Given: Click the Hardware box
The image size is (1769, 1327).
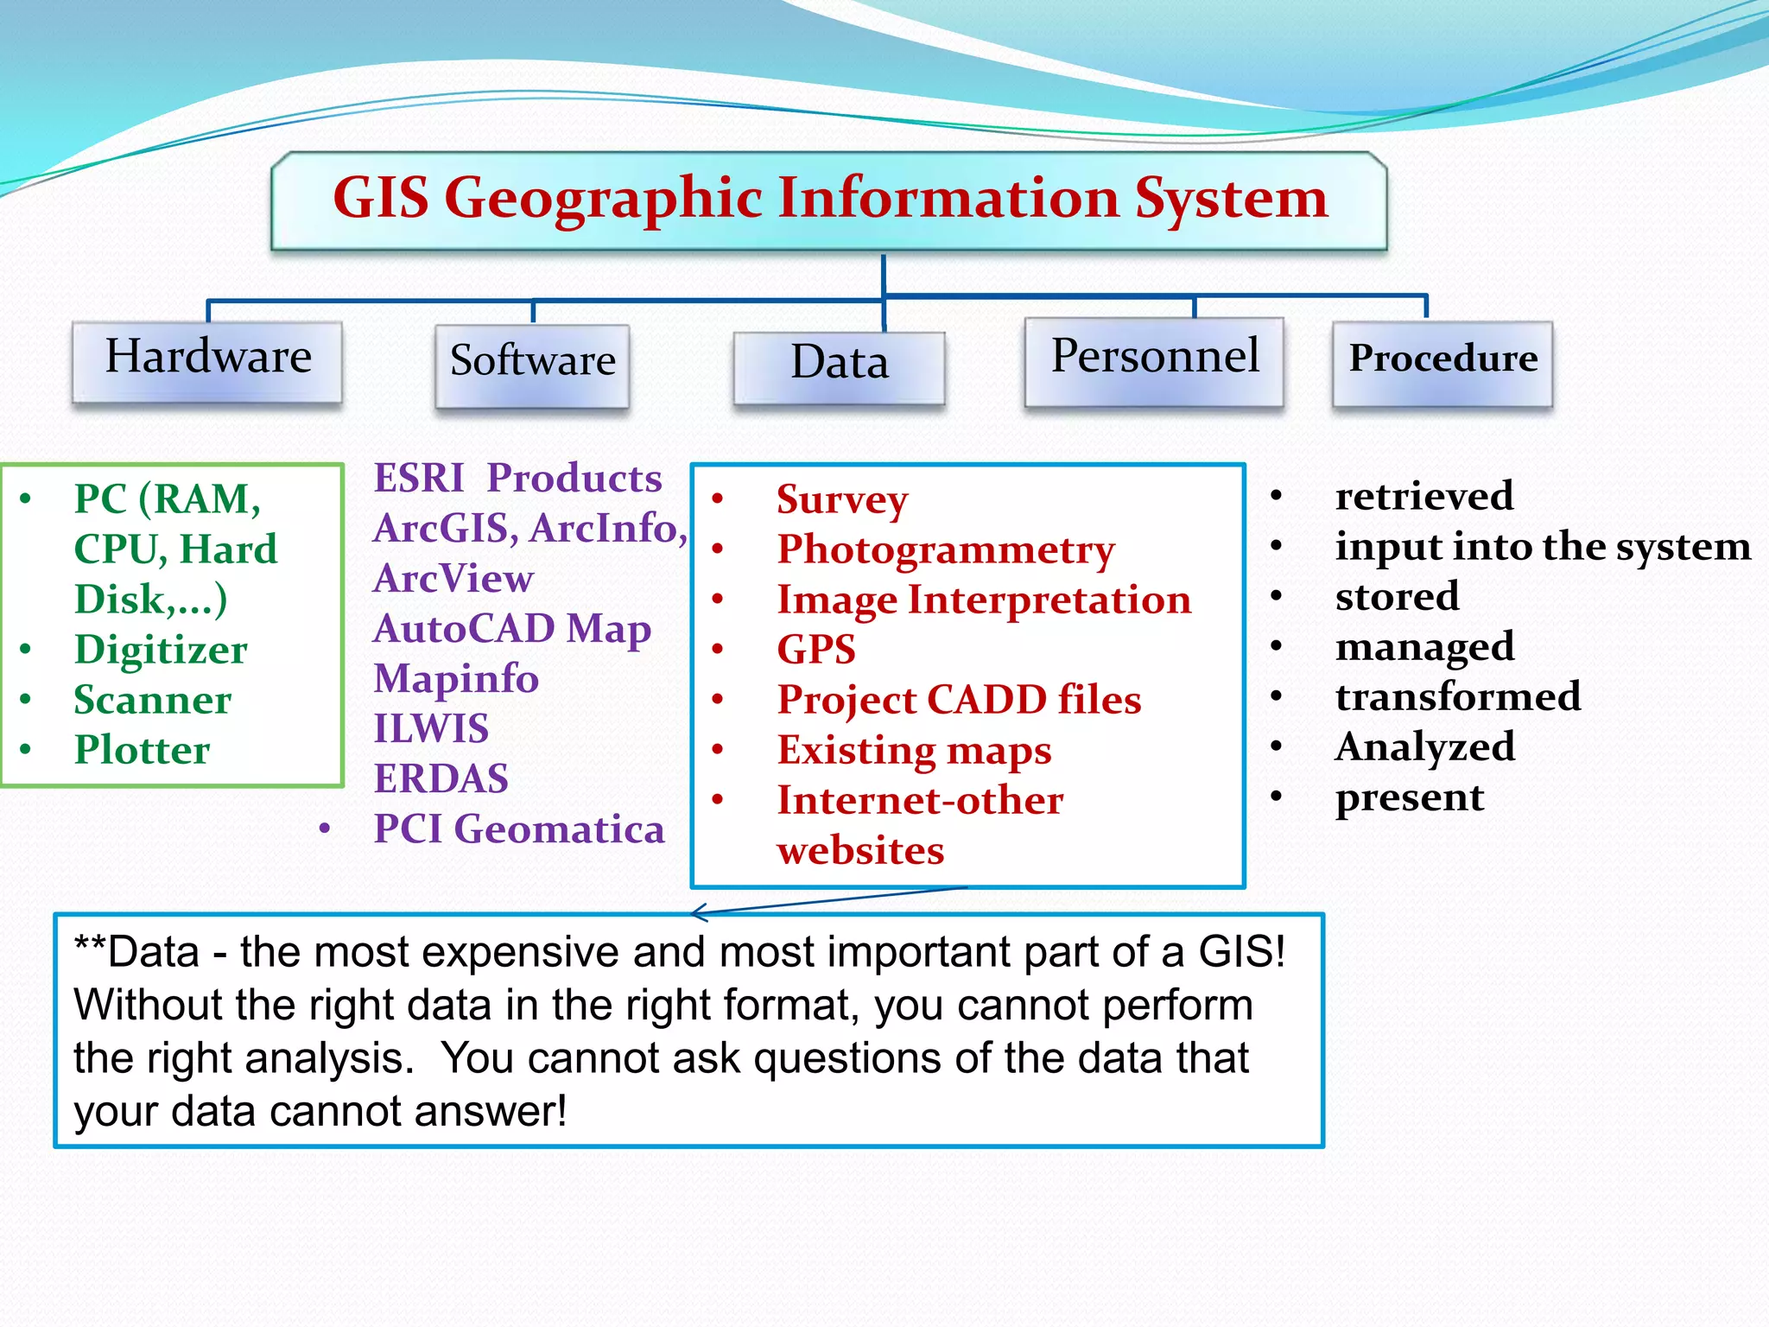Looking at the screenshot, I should click(x=207, y=361).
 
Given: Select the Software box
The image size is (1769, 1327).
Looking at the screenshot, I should click(x=532, y=365).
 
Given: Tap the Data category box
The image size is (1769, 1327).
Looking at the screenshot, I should click(x=839, y=366).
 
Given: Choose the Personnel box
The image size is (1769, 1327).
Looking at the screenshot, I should click(x=1154, y=360).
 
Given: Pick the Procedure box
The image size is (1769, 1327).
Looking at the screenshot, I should click(x=1442, y=363).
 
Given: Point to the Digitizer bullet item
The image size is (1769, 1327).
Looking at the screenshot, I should click(x=161, y=650).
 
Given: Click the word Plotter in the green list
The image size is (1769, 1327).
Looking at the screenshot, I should click(x=142, y=750).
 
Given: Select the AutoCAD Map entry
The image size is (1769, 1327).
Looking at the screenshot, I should click(x=511, y=629).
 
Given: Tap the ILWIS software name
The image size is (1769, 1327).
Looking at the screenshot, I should click(x=430, y=729).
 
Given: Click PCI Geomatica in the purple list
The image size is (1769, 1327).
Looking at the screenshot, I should click(x=518, y=829).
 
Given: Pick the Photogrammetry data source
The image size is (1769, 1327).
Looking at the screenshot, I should click(x=946, y=549).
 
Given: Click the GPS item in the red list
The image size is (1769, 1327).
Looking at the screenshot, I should click(x=815, y=650).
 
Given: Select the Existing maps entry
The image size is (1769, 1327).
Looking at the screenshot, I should click(x=914, y=750).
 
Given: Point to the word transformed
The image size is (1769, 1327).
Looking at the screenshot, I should click(x=1457, y=696).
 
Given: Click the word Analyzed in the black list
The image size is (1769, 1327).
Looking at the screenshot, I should click(x=1424, y=746).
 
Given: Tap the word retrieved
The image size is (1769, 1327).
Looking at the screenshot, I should click(x=1423, y=496).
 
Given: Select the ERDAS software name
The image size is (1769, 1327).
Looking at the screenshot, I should click(x=441, y=779).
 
